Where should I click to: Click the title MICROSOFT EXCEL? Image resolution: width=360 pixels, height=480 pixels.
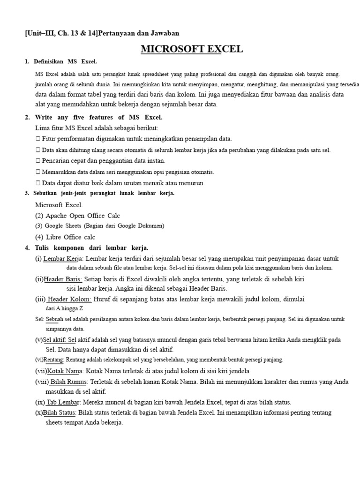[192, 49]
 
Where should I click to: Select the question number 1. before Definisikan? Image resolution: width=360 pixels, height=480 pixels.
[27, 62]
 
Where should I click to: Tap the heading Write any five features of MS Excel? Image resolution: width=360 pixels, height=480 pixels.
[98, 117]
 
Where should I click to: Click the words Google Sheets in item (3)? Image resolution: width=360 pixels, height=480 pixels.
[62, 226]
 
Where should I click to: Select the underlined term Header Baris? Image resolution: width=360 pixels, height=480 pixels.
[63, 279]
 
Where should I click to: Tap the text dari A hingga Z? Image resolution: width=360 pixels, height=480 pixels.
[64, 308]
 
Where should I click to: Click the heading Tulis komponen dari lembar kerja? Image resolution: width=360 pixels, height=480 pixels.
[91, 247]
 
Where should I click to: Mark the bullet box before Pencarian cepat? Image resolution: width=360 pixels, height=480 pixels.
[37, 161]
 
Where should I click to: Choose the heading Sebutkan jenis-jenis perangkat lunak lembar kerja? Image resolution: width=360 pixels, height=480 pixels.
[104, 193]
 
